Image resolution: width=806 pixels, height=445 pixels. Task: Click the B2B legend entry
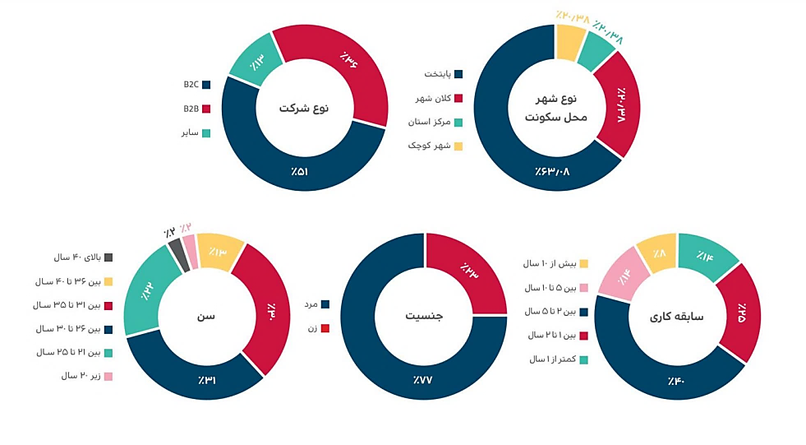[196, 108]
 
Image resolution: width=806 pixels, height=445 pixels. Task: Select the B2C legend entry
[196, 85]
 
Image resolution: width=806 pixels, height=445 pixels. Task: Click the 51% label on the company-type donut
[299, 172]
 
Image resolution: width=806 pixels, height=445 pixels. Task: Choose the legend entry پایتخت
[444, 74]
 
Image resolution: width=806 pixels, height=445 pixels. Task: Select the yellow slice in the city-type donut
[569, 41]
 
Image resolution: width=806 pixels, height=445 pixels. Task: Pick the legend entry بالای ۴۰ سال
[83, 257]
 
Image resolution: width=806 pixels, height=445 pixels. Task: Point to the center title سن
[206, 316]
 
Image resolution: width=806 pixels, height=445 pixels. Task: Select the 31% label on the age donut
[205, 380]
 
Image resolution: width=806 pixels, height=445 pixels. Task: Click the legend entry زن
[317, 327]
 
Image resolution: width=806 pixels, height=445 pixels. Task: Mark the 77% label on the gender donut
[423, 380]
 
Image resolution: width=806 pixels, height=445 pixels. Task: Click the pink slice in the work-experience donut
[622, 276]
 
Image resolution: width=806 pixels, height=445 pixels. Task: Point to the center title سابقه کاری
[677, 316]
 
